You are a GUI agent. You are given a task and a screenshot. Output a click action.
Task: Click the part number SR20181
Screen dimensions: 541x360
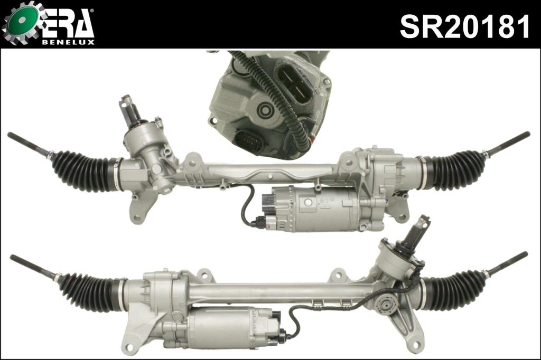pos(464,26)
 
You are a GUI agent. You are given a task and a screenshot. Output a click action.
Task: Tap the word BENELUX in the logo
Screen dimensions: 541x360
pos(68,42)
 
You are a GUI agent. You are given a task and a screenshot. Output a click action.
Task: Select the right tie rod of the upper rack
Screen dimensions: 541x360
pos(507,143)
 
